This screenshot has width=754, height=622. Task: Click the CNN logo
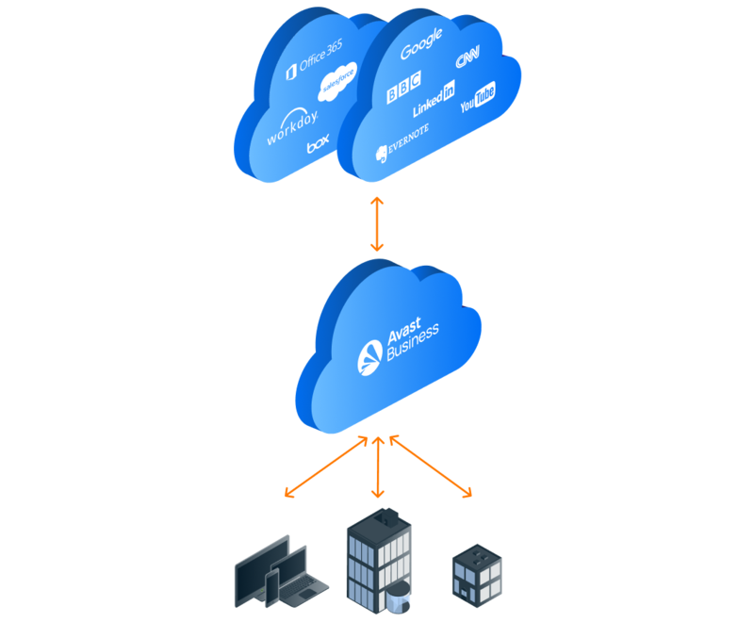pyautogui.click(x=468, y=59)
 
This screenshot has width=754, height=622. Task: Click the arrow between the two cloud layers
pyautogui.click(x=377, y=221)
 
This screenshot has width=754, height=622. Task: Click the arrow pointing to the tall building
pyautogui.click(x=377, y=466)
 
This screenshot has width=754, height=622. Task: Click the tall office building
pyautogui.click(x=378, y=561)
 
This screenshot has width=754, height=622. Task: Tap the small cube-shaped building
pyautogui.click(x=476, y=569)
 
